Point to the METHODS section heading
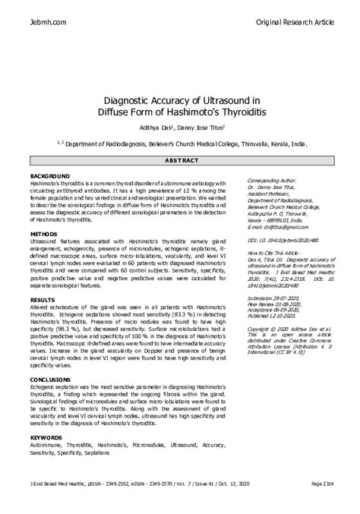point(43,235)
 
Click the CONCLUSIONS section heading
point(50,378)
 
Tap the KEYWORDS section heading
point(46,437)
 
